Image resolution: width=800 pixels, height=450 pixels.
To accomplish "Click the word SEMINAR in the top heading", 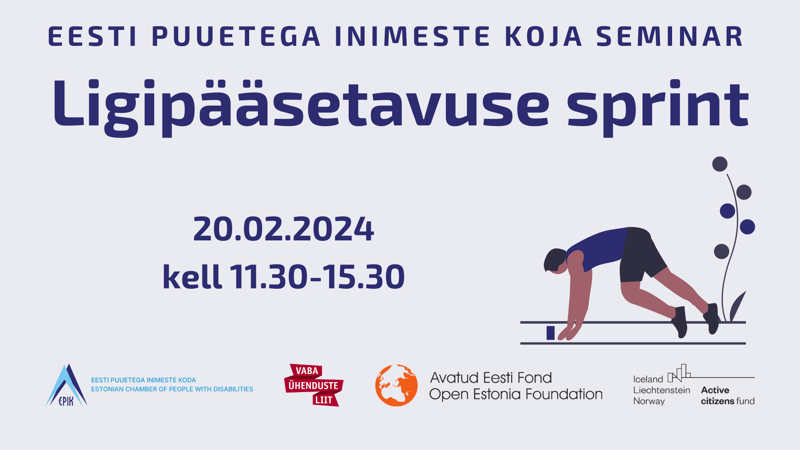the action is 670,36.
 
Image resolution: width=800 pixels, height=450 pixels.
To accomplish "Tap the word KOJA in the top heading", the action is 543,36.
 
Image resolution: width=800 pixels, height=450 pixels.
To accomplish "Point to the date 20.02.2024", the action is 284,229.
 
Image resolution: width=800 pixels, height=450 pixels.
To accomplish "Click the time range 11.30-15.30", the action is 317,277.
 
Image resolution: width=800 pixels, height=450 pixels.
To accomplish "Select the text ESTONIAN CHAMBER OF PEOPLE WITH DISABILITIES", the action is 172,389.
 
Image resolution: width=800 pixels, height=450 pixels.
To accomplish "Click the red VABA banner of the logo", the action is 306,371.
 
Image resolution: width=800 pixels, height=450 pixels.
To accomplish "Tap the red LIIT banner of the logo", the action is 325,400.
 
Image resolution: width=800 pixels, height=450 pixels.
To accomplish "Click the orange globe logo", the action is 396,385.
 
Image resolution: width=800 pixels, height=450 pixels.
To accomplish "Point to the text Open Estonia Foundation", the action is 516,395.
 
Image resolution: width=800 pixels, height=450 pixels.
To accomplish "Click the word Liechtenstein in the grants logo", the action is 662,390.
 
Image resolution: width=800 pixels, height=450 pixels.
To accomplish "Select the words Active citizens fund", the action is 727,395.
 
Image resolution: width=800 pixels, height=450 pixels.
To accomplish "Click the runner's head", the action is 555,261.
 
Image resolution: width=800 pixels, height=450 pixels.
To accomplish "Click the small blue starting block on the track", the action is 550,333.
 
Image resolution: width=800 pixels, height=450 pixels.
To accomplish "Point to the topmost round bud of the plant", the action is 720,164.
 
